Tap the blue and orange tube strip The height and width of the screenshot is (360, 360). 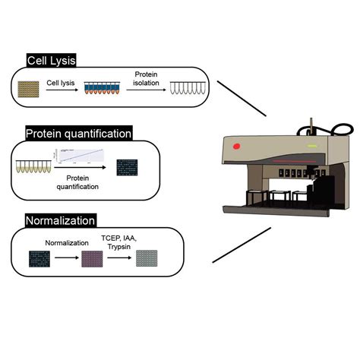tap(97, 91)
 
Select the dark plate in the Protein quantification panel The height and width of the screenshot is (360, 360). tap(127, 167)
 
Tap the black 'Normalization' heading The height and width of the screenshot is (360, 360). tap(61, 221)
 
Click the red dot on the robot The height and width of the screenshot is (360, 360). tap(237, 145)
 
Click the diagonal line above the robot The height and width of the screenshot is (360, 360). tap(242, 98)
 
